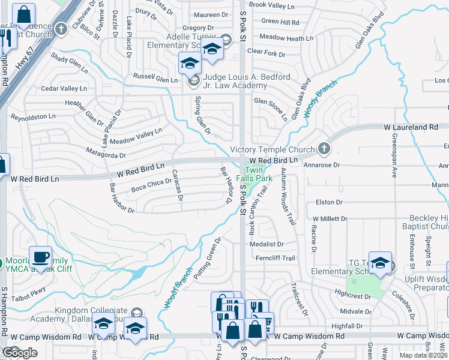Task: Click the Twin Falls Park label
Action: [x=259, y=174]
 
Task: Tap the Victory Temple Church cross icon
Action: [x=324, y=148]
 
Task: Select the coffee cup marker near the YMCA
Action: [x=40, y=257]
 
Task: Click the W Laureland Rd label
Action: [x=411, y=127]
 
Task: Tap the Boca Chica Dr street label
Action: [x=151, y=186]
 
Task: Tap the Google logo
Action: [x=20, y=353]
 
